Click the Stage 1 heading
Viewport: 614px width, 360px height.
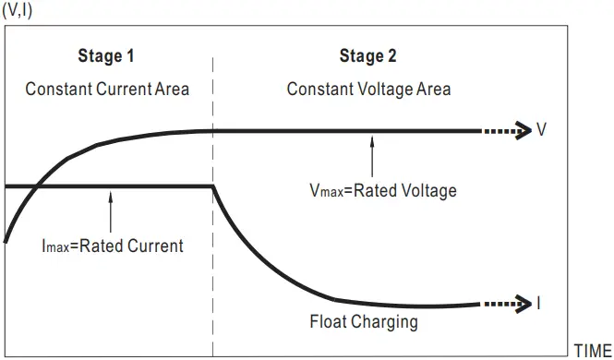[106, 57]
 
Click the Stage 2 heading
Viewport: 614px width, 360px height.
[368, 57]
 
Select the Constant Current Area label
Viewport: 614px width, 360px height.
[107, 90]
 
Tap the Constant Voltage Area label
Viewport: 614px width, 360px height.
[368, 90]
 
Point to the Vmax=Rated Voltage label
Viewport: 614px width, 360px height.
[383, 191]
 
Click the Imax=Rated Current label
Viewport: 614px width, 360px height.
[112, 246]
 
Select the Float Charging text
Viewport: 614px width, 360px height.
[364, 322]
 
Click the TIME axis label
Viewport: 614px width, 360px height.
[592, 351]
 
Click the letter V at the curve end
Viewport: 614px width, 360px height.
[542, 130]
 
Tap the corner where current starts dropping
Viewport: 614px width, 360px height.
[213, 186]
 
